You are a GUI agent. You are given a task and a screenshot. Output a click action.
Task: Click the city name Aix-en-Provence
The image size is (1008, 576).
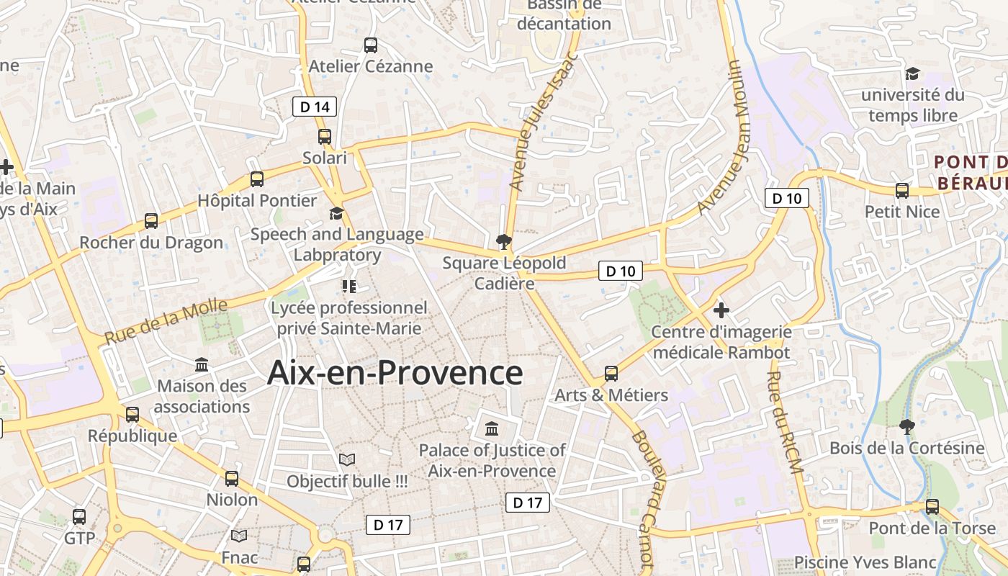(395, 373)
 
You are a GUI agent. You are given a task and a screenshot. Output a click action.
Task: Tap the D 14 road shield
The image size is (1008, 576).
(315, 107)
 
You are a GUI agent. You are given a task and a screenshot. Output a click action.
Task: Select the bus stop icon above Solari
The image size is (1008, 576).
(325, 136)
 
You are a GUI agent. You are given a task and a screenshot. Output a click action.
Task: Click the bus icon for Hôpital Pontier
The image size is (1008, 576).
(257, 179)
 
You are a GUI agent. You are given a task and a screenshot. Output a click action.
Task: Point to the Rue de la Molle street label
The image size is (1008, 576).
(166, 321)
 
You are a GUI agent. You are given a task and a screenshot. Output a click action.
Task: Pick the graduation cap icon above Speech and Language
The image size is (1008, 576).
(336, 213)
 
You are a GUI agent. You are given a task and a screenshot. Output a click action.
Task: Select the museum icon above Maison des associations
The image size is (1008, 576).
(202, 365)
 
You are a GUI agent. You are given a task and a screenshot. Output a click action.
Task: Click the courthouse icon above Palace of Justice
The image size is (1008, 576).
(492, 429)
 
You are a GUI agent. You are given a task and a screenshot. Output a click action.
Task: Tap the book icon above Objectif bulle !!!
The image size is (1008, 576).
(347, 459)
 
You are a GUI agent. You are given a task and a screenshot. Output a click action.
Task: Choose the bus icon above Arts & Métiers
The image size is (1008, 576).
(611, 374)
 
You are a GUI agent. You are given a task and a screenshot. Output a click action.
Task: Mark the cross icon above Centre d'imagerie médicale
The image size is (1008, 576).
(721, 310)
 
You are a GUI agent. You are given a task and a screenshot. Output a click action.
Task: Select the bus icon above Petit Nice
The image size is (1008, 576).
(902, 191)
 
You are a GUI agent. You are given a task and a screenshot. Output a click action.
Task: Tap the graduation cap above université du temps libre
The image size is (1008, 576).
(912, 73)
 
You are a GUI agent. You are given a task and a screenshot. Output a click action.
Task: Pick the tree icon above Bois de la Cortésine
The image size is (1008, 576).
(907, 427)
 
